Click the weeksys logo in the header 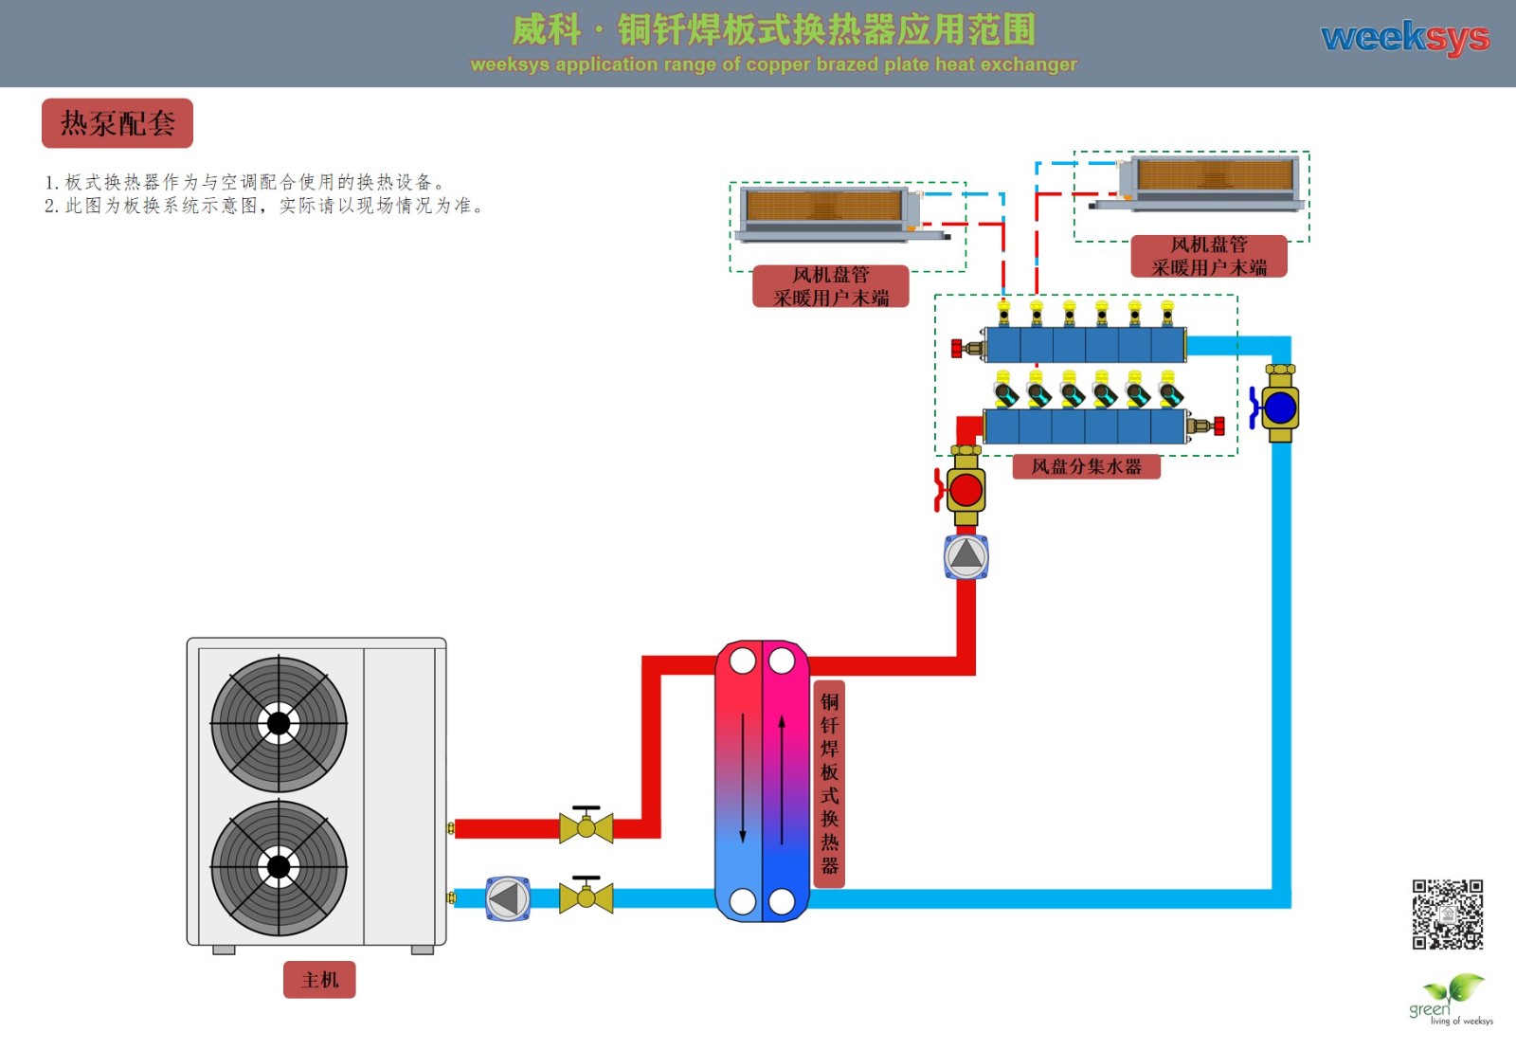tap(1404, 38)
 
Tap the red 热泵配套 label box tap(117, 123)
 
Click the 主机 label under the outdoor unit tap(319, 980)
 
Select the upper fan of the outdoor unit tap(279, 724)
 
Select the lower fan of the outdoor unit tap(279, 866)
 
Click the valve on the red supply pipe tap(587, 827)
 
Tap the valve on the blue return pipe tap(587, 896)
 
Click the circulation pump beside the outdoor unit tap(508, 898)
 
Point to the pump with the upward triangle tap(966, 556)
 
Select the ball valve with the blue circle tap(1279, 407)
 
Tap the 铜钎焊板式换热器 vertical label tap(829, 784)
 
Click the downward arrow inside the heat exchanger tap(743, 777)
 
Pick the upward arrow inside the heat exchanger tap(782, 777)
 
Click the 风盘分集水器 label tap(1086, 466)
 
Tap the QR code tap(1447, 914)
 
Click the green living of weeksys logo tap(1450, 1001)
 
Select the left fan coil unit tap(829, 213)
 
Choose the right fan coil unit tap(1210, 182)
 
